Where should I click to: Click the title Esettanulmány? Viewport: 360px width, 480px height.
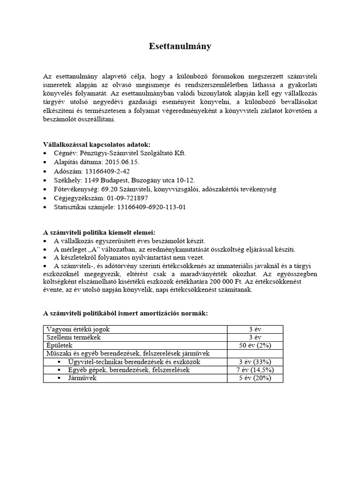point(180,46)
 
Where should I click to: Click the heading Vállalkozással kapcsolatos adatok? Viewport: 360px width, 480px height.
point(97,144)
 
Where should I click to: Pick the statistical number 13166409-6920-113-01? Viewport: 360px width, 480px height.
point(151,207)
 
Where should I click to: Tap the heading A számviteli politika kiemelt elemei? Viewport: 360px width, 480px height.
point(99,232)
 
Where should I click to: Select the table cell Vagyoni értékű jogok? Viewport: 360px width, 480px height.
point(77,329)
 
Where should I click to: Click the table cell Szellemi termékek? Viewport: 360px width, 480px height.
point(73,337)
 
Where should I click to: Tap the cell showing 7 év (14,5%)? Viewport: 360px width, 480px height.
point(255,370)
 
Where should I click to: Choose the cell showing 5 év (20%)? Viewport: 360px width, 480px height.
point(255,378)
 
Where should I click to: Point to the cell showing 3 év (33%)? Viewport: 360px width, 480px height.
point(255,361)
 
